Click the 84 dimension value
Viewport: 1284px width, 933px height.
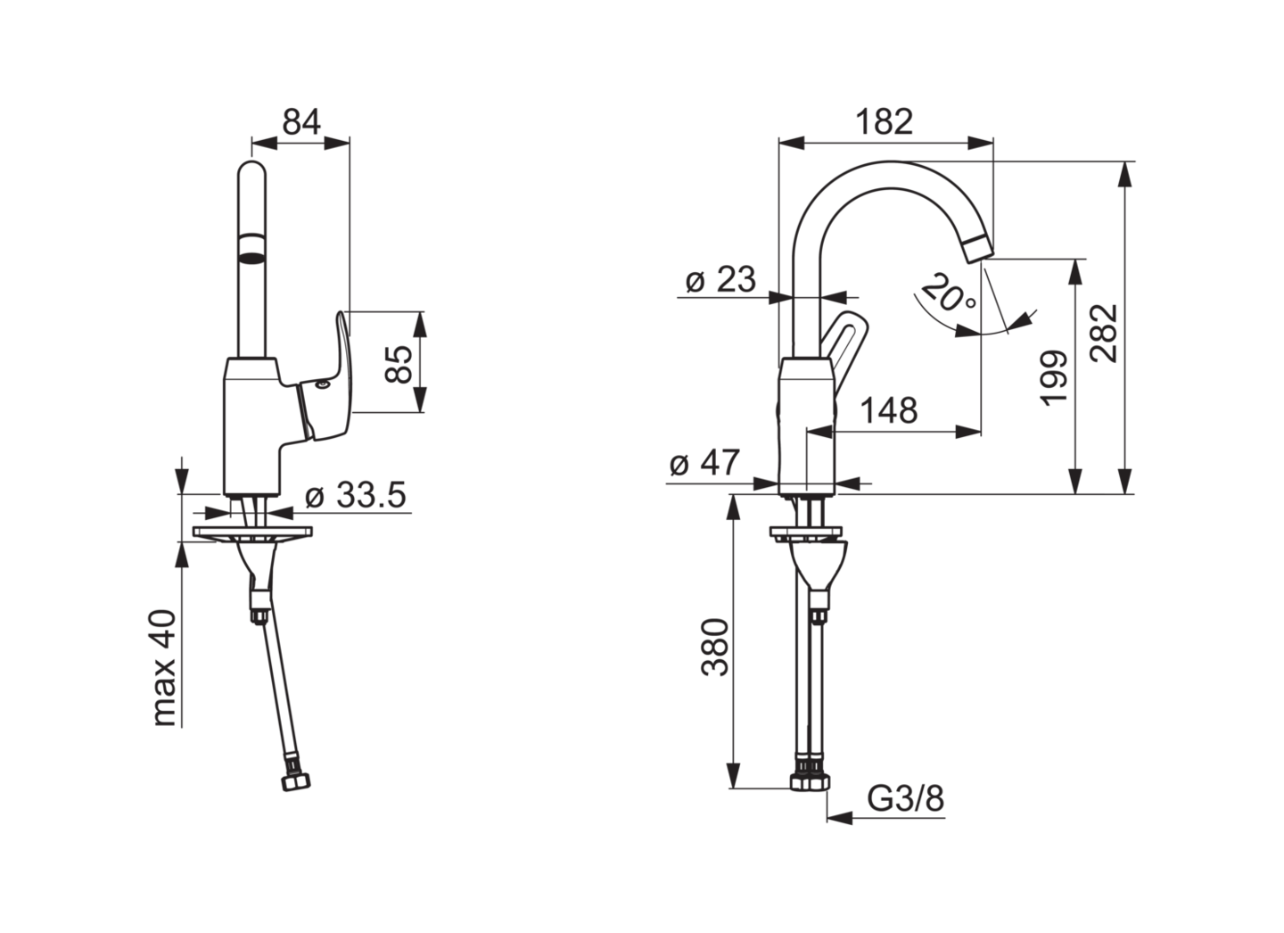[x=301, y=121]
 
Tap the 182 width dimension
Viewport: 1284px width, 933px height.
[x=884, y=121]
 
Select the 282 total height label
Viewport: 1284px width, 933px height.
[x=1104, y=334]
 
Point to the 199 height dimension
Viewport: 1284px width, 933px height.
[x=1054, y=378]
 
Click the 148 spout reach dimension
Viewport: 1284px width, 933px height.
[x=889, y=410]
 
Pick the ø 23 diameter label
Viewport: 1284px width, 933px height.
[x=720, y=280]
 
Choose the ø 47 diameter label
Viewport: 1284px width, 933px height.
[x=705, y=462]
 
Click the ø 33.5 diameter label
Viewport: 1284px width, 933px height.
[x=356, y=494]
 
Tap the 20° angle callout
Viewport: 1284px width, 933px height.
[x=949, y=293]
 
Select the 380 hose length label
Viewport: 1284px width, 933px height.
[x=715, y=648]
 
